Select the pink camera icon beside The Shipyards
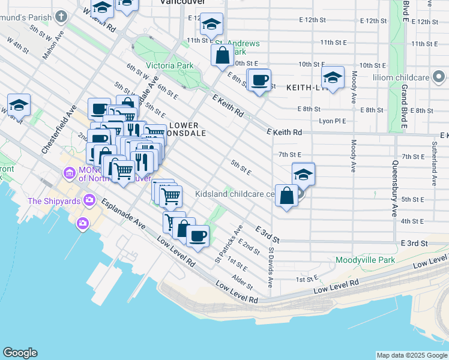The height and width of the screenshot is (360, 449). tap(89, 199)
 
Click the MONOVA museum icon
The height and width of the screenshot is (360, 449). tap(69, 174)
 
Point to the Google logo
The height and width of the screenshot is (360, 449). tap(20, 353)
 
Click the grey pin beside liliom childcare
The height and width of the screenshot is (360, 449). tap(439, 76)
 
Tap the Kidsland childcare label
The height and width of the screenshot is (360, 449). tap(235, 194)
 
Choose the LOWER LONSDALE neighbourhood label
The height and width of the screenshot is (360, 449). tap(188, 129)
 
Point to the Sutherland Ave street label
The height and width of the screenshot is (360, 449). tap(433, 163)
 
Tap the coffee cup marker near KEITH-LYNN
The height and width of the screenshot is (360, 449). tap(260, 80)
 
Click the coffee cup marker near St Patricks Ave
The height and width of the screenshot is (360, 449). tap(197, 234)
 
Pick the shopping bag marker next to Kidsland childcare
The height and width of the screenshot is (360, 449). tap(286, 196)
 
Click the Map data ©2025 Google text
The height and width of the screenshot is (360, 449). tap(412, 355)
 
